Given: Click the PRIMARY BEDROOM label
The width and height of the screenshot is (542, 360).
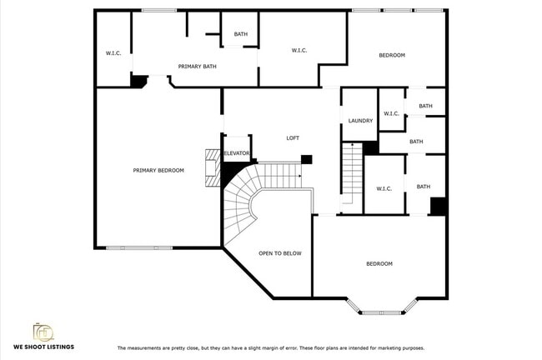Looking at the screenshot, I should pos(158,170).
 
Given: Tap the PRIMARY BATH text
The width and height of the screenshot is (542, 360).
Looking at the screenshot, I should pos(198,65).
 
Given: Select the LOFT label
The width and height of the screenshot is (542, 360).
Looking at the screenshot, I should pos(293,138).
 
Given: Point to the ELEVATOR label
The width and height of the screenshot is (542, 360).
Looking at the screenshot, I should pos(237,153).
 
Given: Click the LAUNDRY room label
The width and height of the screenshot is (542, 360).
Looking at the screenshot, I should pos(360,121).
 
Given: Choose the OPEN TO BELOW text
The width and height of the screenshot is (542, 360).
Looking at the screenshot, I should pos(280,253).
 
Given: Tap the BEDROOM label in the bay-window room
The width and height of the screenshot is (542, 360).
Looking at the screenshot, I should pos(379,264).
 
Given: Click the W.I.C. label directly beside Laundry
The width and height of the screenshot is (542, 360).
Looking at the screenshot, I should pos(391,113).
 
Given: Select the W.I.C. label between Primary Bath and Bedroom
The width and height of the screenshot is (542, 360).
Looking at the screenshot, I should pos(300,51).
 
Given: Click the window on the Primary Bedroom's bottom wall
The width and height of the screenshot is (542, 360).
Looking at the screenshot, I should pos(139,247).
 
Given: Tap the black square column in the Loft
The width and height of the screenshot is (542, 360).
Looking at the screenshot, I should pos(307,159).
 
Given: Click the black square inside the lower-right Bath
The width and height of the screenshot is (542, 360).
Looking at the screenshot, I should pos(439,206).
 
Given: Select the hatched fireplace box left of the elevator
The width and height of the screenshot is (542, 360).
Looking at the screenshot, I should pos(212,158).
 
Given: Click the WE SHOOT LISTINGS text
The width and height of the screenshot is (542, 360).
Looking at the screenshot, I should pos(44,347).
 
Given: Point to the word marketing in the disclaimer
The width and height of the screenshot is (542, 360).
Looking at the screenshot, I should pos(387,347).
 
